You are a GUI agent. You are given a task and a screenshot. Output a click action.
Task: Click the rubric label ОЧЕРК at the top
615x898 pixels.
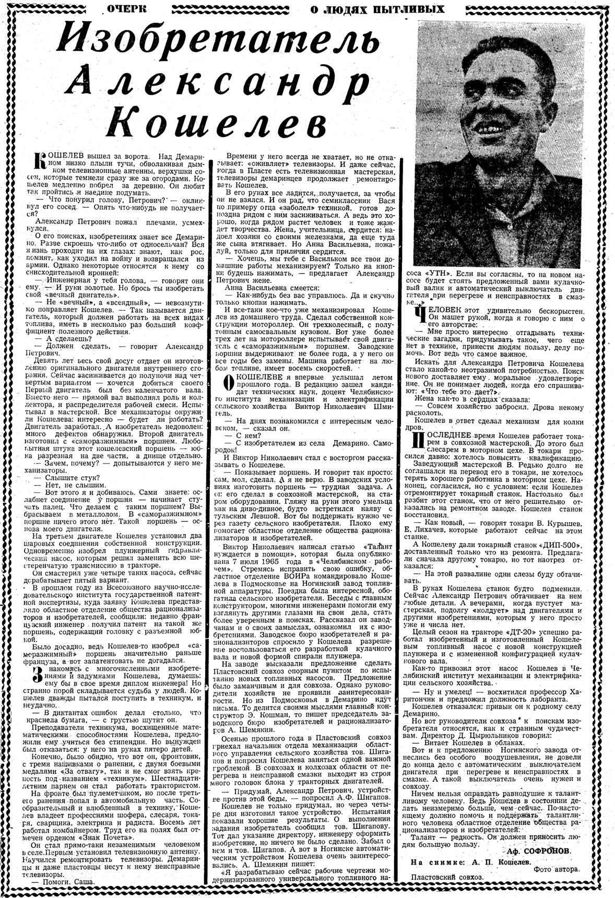(x=126, y=8)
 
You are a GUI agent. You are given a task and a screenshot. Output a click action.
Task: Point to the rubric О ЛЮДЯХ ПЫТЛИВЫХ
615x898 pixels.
(x=377, y=8)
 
